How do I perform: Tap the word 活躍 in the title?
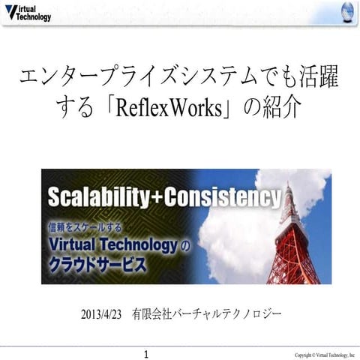click(x=315, y=76)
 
